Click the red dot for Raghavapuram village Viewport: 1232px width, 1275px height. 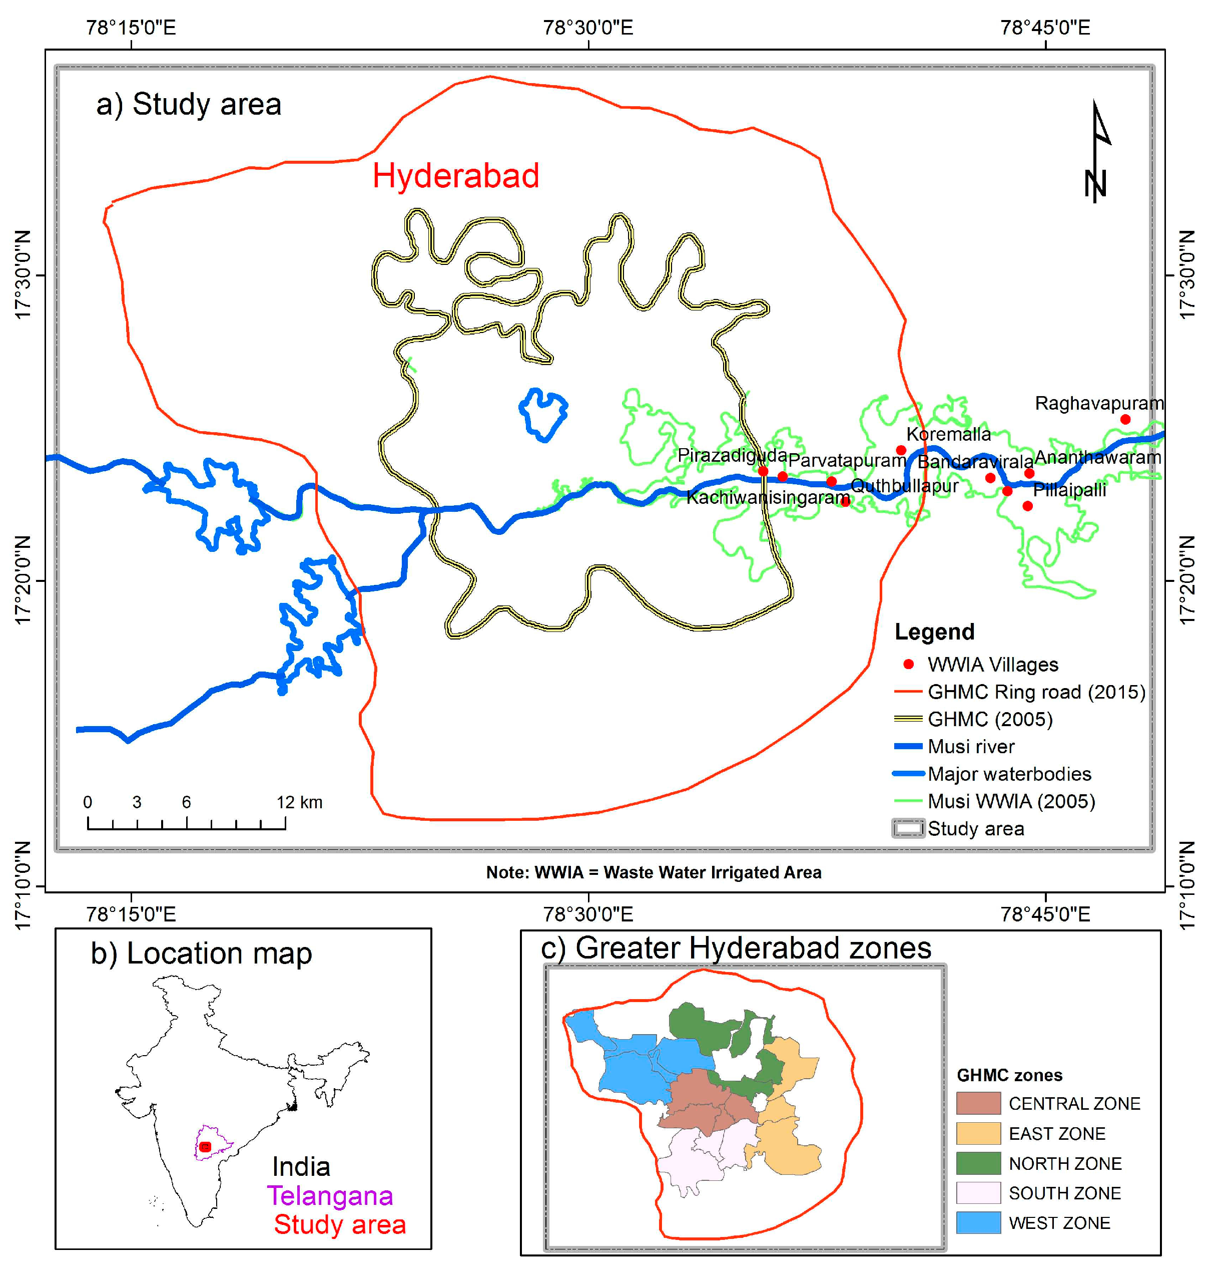1125,420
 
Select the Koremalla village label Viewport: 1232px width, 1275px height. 949,434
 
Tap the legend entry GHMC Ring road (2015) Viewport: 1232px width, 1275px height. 1036,692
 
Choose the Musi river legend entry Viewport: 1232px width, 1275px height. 971,746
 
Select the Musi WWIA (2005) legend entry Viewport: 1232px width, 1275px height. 1011,801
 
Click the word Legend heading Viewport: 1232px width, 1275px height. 934,631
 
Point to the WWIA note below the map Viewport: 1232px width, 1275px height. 654,872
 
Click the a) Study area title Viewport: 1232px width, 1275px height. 189,104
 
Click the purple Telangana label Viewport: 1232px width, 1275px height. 330,1196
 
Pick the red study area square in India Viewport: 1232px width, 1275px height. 205,1147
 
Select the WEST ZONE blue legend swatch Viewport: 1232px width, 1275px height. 978,1222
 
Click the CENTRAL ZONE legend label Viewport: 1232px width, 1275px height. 1074,1103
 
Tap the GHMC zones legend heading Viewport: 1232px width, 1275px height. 1009,1075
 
